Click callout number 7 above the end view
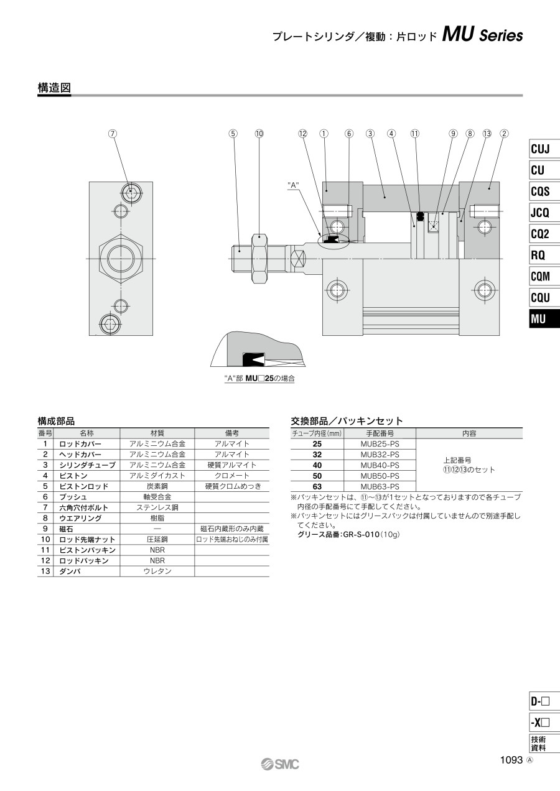pos(113,134)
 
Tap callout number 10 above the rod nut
pos(259,134)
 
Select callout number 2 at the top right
pos(504,134)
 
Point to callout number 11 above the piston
pos(415,134)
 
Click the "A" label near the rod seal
pos(293,184)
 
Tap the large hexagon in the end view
pos(121,259)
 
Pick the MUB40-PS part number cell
pos(380,465)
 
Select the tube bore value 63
pos(317,486)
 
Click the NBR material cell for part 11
pos(157,550)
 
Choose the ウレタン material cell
pos(157,571)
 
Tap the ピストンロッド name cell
pos(84,486)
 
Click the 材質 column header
pos(157,433)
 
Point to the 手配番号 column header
pos(380,433)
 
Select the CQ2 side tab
pos(544,234)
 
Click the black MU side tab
pos(544,319)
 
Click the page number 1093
pos(511,760)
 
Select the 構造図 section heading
pos(54,88)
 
